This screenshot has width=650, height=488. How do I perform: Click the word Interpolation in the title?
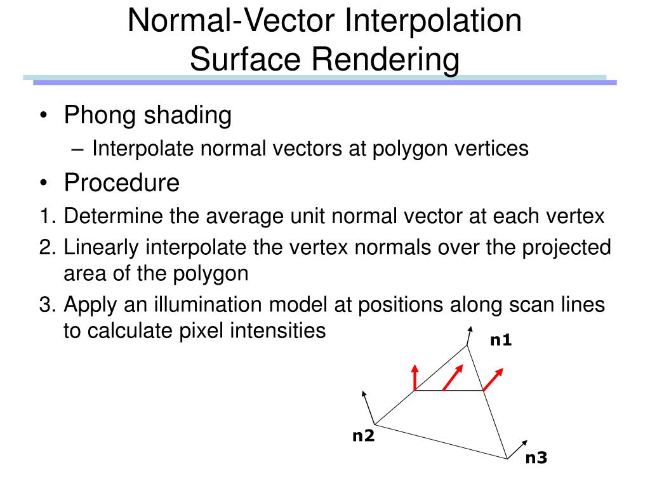pyautogui.click(x=434, y=20)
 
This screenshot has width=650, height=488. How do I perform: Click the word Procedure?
pyautogui.click(x=122, y=183)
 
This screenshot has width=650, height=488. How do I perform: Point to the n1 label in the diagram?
pyautogui.click(x=500, y=341)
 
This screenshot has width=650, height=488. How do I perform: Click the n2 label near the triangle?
pyautogui.click(x=364, y=436)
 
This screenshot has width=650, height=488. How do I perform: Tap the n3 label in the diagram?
pyautogui.click(x=536, y=457)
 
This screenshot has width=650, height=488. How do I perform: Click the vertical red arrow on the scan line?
pyautogui.click(x=415, y=377)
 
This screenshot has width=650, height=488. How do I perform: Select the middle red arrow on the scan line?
pyautogui.click(x=451, y=379)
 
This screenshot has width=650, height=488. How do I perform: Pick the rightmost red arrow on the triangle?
pyautogui.click(x=493, y=379)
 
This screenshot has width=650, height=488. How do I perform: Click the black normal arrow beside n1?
pyautogui.click(x=470, y=335)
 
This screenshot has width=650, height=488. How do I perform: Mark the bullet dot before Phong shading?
pyautogui.click(x=43, y=116)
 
